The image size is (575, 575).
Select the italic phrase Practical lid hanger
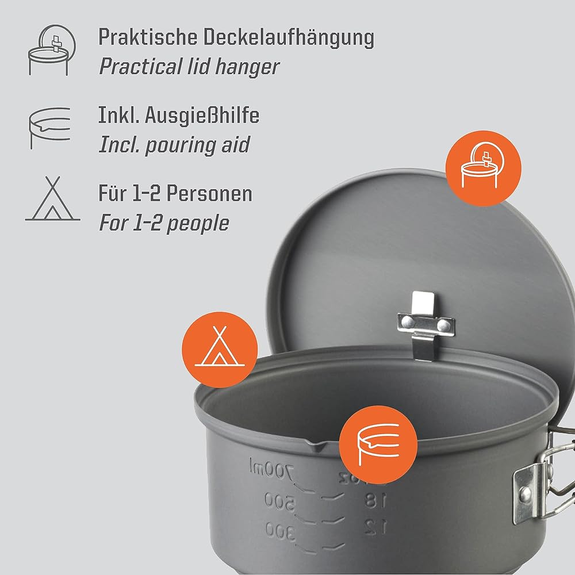(x=189, y=67)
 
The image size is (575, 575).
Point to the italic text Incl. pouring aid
(x=174, y=145)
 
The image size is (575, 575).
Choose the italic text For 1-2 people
(x=164, y=223)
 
